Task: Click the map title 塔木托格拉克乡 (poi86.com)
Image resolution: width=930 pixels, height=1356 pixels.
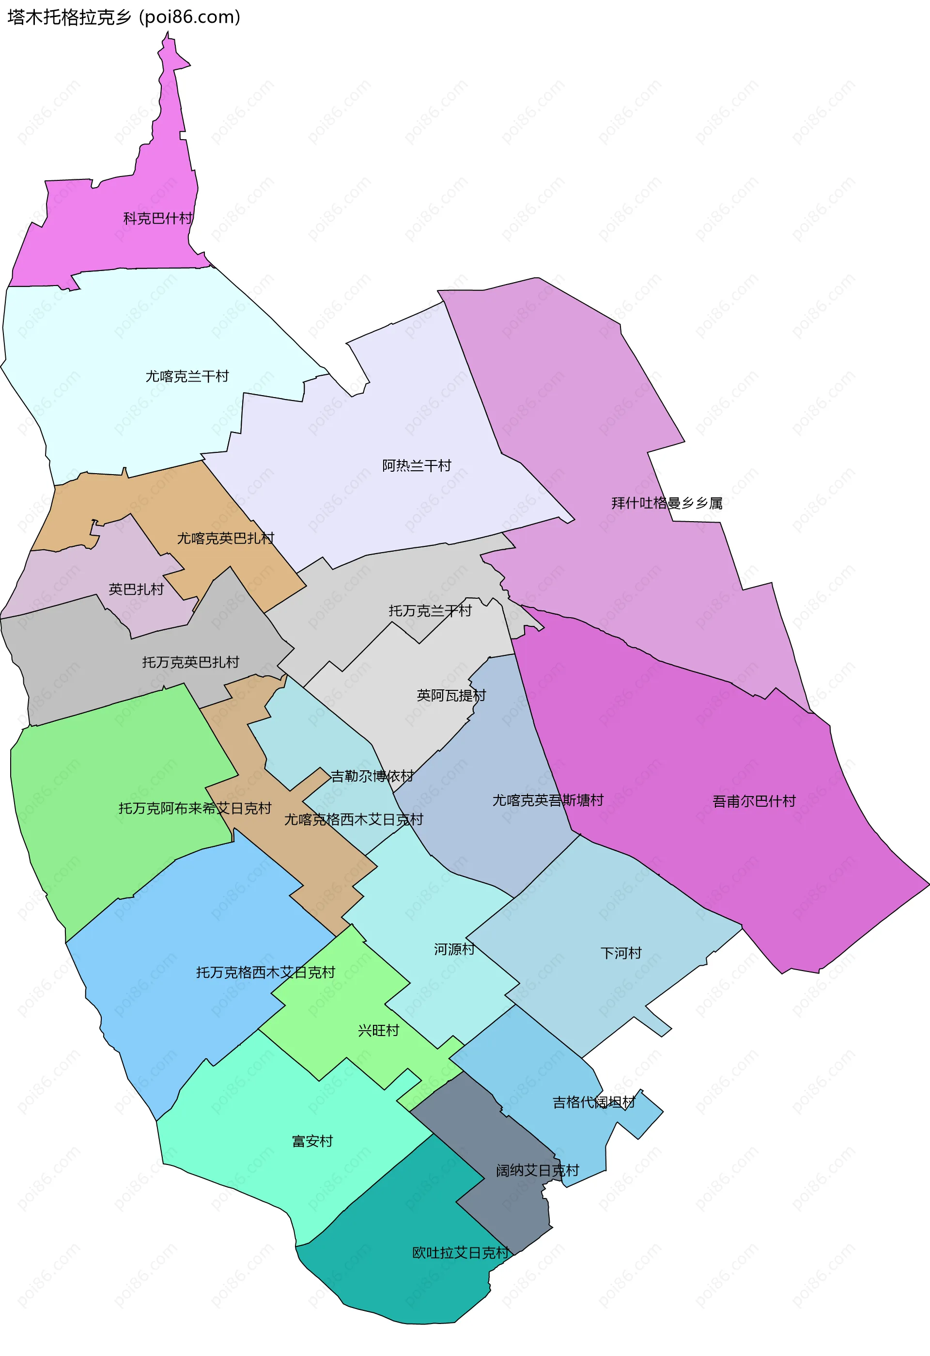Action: click(124, 17)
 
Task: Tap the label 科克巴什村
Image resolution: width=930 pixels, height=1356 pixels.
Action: click(157, 218)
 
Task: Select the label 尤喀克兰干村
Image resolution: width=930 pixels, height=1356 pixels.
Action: click(186, 376)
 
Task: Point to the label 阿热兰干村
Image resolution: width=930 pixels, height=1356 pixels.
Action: click(416, 465)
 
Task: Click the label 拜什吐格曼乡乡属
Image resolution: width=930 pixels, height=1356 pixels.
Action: click(666, 503)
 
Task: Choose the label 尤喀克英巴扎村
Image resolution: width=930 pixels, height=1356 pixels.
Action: click(225, 538)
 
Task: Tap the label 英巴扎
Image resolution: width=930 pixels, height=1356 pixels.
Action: click(136, 590)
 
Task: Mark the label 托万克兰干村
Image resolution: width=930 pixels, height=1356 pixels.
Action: click(430, 610)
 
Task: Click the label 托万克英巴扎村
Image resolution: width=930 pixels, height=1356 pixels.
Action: click(191, 662)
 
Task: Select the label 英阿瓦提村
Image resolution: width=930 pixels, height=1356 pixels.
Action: click(451, 696)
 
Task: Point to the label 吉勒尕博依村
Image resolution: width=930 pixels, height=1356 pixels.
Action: click(372, 776)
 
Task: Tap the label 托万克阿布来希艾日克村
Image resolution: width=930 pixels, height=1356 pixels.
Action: click(195, 808)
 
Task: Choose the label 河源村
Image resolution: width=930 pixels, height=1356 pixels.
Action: click(454, 949)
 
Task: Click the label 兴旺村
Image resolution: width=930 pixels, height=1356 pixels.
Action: click(378, 1030)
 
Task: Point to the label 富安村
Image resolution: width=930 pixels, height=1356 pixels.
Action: click(312, 1141)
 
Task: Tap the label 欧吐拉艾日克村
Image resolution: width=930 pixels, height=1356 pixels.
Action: click(461, 1253)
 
